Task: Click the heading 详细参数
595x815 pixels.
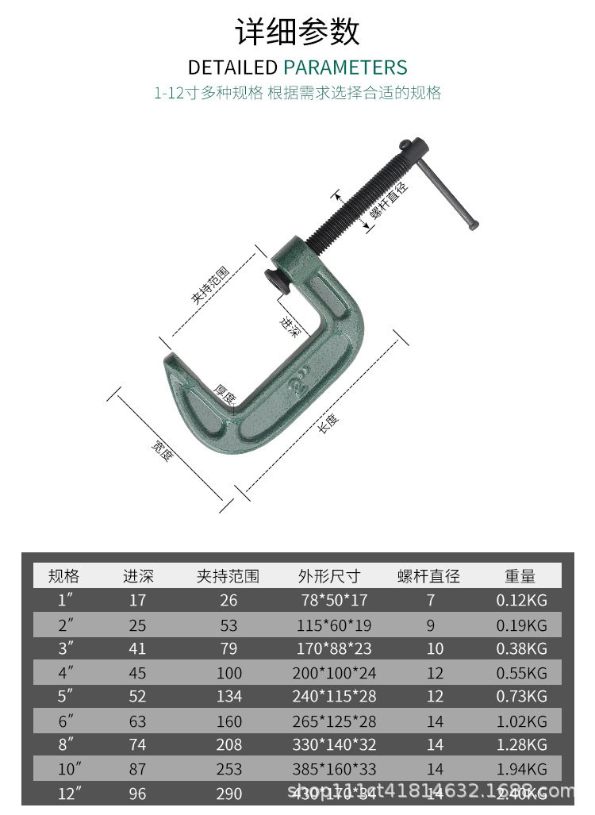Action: point(297,32)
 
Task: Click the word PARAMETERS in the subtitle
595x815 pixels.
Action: point(345,67)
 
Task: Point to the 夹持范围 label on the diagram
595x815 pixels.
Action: point(209,286)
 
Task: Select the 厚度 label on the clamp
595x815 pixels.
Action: point(225,393)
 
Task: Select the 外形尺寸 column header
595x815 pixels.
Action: point(329,576)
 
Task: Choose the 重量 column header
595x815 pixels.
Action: point(520,576)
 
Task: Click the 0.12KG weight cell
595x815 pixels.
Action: point(522,601)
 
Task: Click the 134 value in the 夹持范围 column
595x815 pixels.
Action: point(228,697)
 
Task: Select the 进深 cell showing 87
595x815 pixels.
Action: point(137,769)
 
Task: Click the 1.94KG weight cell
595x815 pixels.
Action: point(522,769)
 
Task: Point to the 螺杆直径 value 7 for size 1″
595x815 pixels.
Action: point(431,601)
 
